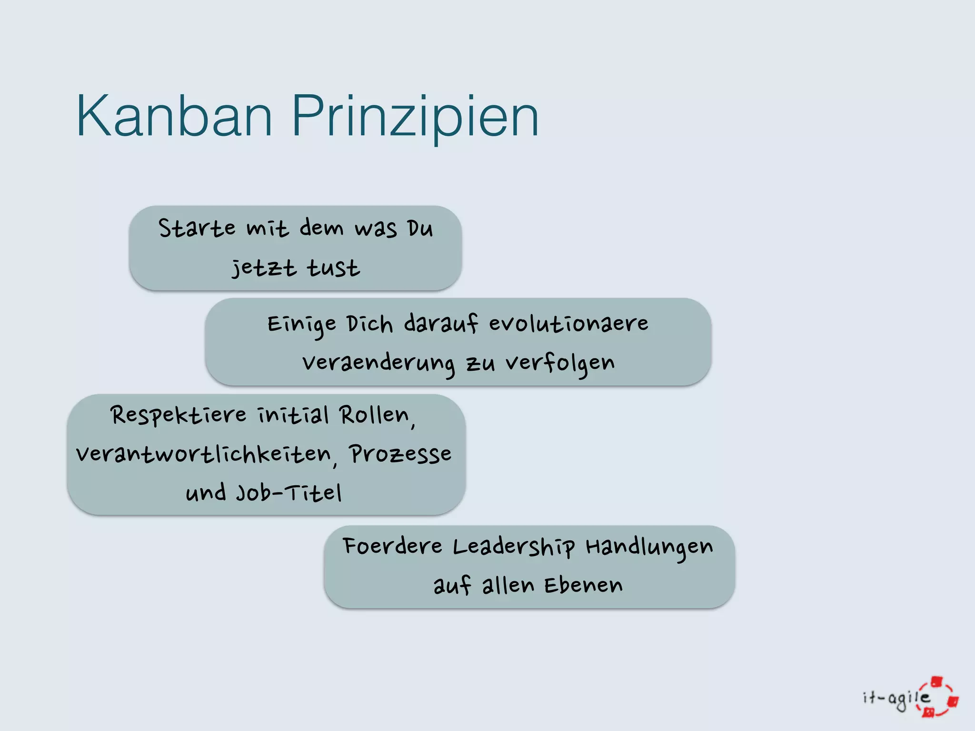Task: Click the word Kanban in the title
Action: (174, 116)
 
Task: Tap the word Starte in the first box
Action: (197, 228)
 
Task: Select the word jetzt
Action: (264, 268)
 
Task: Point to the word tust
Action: (333, 268)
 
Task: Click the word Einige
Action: (302, 325)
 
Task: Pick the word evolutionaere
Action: (568, 324)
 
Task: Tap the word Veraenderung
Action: (378, 364)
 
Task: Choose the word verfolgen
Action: (560, 364)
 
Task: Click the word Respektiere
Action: (179, 415)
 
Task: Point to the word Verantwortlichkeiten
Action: (203, 454)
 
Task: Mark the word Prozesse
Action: (400, 454)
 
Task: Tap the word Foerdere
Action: (392, 546)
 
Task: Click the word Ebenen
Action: (583, 585)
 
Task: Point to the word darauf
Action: (441, 324)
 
